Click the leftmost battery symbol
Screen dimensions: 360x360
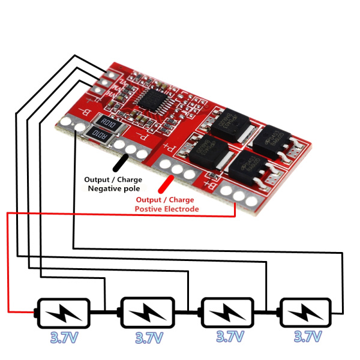coord(63,313)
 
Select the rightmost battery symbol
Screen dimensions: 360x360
coord(305,313)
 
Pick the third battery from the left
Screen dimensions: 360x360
coord(227,313)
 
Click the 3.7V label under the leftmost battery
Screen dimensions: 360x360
coord(64,338)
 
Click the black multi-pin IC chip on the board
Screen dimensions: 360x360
coord(151,98)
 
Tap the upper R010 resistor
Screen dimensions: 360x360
coord(109,124)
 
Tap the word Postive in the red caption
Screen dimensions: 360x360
coord(149,209)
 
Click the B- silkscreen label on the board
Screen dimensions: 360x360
coord(86,112)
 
